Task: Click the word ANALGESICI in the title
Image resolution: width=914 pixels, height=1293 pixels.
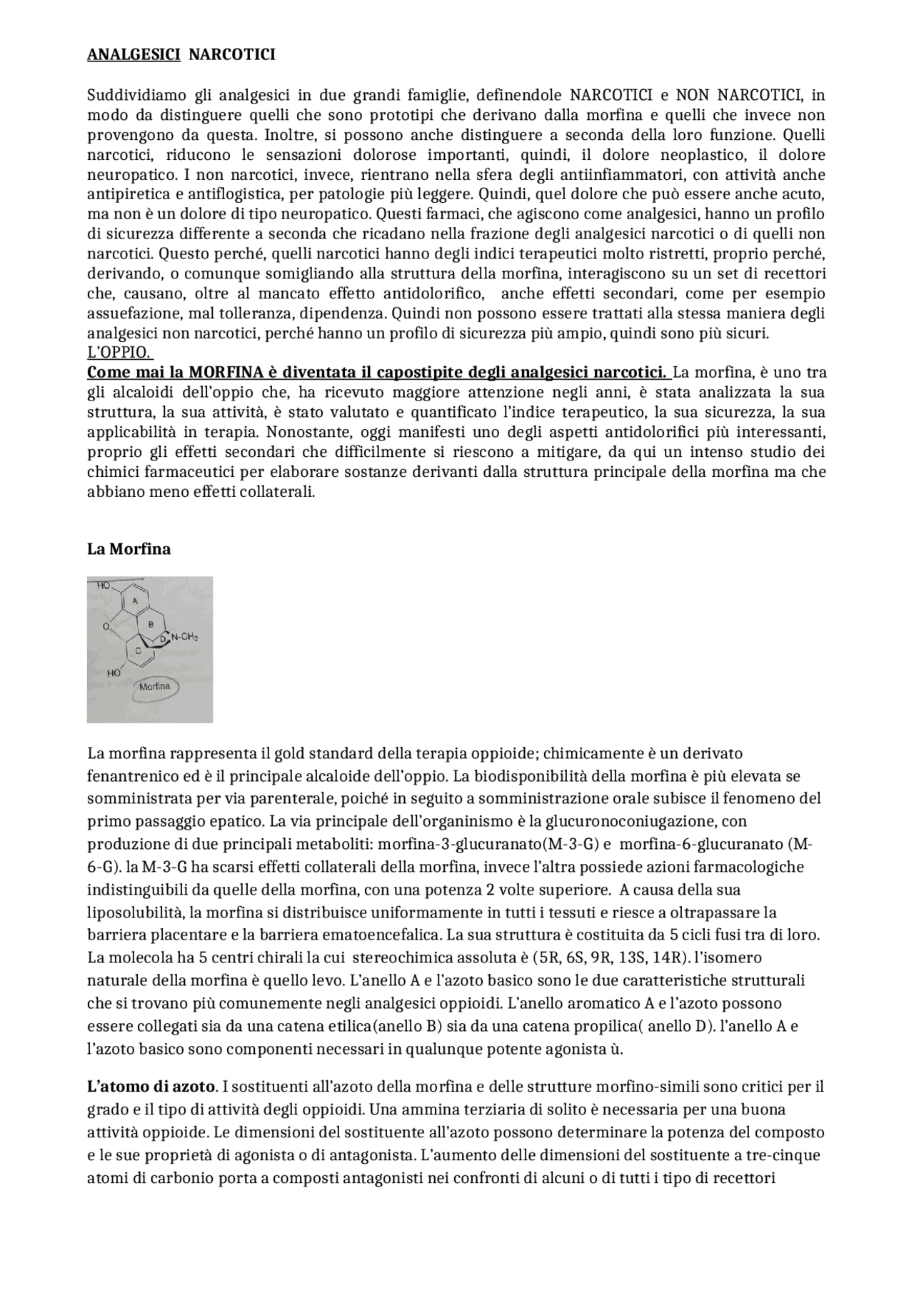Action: (134, 55)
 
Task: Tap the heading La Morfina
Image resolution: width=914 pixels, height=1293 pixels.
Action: (129, 549)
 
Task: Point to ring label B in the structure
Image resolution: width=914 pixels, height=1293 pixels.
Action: (150, 624)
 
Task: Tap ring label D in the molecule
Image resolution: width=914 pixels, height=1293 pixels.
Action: (163, 638)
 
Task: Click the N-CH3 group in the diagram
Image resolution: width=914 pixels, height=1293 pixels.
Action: (184, 637)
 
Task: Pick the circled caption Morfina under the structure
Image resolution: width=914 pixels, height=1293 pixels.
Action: (155, 687)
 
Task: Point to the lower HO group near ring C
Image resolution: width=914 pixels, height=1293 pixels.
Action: (113, 673)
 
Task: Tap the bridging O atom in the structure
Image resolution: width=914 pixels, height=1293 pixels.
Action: (105, 626)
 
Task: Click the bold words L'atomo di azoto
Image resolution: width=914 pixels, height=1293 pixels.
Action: (151, 1087)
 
